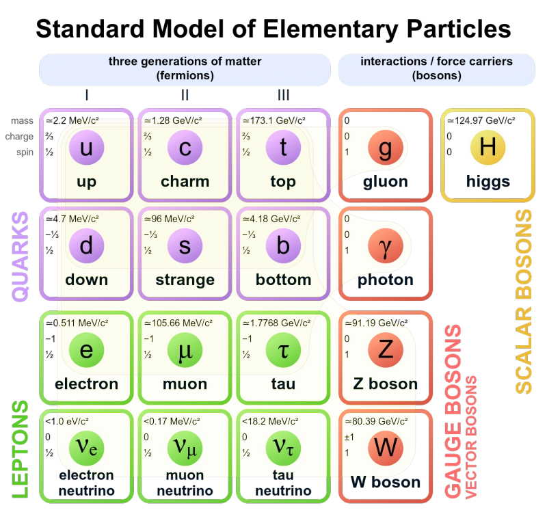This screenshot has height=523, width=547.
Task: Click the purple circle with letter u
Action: [87, 147]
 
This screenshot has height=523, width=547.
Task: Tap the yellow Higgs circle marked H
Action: [488, 147]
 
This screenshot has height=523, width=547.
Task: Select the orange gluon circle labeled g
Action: [386, 147]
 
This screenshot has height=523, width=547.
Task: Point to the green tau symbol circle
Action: [283, 350]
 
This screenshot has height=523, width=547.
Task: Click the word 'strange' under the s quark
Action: [185, 280]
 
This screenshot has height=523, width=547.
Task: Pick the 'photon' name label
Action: [386, 280]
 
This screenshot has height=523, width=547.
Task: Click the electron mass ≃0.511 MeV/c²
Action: [77, 323]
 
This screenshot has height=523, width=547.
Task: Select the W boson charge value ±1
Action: [349, 437]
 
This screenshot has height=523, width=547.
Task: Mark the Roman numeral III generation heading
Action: [283, 95]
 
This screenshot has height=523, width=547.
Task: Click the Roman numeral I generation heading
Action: [87, 95]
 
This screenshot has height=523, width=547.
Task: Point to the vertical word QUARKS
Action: [21, 256]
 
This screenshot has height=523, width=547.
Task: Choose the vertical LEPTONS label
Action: [21, 449]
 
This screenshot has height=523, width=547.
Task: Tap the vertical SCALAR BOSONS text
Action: [524, 301]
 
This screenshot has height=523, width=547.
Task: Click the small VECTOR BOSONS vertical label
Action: [471, 437]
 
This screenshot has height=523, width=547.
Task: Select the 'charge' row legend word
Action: [19, 137]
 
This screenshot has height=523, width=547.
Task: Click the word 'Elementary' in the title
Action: [331, 29]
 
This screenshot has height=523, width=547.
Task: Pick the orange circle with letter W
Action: [386, 448]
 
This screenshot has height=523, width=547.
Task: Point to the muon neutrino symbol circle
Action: [185, 448]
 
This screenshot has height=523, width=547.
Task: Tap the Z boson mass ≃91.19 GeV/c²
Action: [377, 323]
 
